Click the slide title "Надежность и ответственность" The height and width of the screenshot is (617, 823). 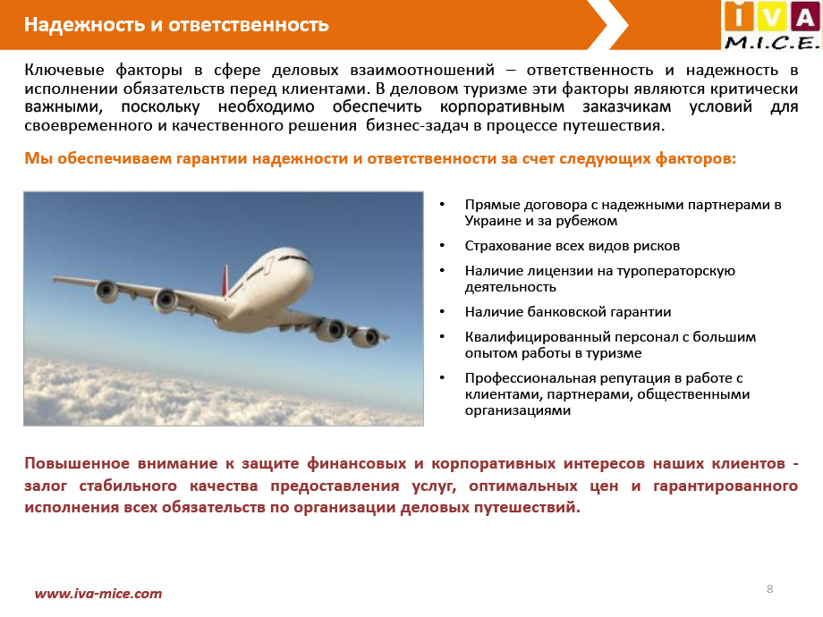(x=176, y=25)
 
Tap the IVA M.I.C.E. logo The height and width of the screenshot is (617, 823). (x=771, y=25)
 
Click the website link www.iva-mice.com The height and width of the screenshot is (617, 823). (x=98, y=594)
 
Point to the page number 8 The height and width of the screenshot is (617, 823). (x=769, y=588)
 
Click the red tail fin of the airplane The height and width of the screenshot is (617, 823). (x=225, y=281)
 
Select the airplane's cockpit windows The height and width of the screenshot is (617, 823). (x=293, y=258)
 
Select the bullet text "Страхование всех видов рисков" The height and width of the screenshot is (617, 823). (x=573, y=246)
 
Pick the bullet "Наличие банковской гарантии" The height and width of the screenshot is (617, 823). (x=568, y=312)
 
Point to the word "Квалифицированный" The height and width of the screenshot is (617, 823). (x=538, y=337)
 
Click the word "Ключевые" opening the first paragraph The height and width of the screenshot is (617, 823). (x=64, y=70)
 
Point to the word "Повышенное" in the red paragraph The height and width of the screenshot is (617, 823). (x=77, y=464)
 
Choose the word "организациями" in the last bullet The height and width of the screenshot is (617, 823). (x=518, y=410)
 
